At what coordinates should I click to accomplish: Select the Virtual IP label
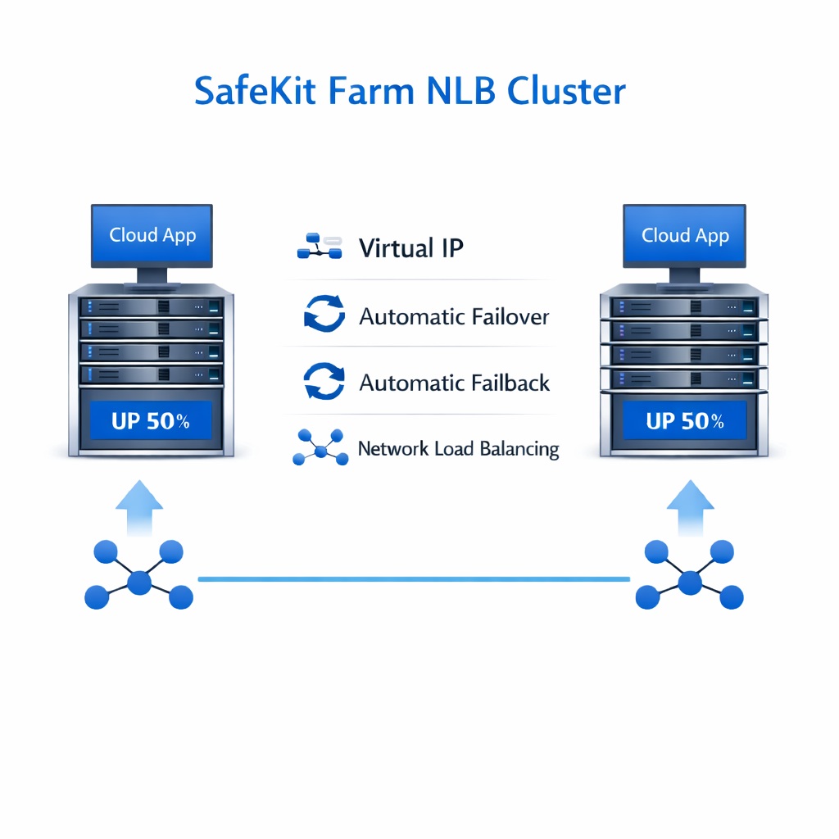tap(411, 248)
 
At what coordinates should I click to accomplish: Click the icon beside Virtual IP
tap(319, 247)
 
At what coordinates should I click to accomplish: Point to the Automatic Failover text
tap(454, 316)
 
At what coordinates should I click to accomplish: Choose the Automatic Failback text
tap(455, 383)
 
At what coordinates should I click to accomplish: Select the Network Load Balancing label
tap(458, 449)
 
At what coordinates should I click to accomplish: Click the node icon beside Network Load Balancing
tap(320, 448)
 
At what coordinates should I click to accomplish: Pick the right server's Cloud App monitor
tap(685, 235)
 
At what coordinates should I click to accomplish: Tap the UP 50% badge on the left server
tap(151, 422)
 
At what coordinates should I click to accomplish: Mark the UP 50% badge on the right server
tap(685, 422)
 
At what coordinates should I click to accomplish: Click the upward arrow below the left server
tap(139, 509)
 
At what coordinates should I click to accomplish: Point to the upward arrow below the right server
tap(690, 509)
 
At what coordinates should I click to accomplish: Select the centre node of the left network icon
tap(139, 583)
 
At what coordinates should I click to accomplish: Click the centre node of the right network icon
tap(690, 583)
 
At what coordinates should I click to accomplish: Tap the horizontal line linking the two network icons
tap(414, 579)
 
